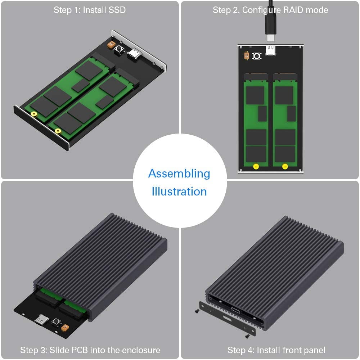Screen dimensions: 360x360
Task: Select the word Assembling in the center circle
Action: (x=179, y=174)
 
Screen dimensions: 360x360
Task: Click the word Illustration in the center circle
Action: (x=179, y=192)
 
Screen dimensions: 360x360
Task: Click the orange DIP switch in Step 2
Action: (x=247, y=55)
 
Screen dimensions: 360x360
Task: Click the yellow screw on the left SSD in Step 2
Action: (x=256, y=166)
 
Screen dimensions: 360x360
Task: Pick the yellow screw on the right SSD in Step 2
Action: (x=285, y=166)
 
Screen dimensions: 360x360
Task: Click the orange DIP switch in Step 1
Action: (x=111, y=45)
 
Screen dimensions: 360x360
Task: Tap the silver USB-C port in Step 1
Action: (x=135, y=53)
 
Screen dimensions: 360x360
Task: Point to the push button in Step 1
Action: (x=119, y=50)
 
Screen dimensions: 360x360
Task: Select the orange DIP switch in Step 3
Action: (x=65, y=328)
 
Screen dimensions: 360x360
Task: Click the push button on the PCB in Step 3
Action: (x=56, y=322)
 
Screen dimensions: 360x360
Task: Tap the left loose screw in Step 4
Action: (x=197, y=311)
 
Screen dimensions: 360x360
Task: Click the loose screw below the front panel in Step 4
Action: (x=247, y=336)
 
